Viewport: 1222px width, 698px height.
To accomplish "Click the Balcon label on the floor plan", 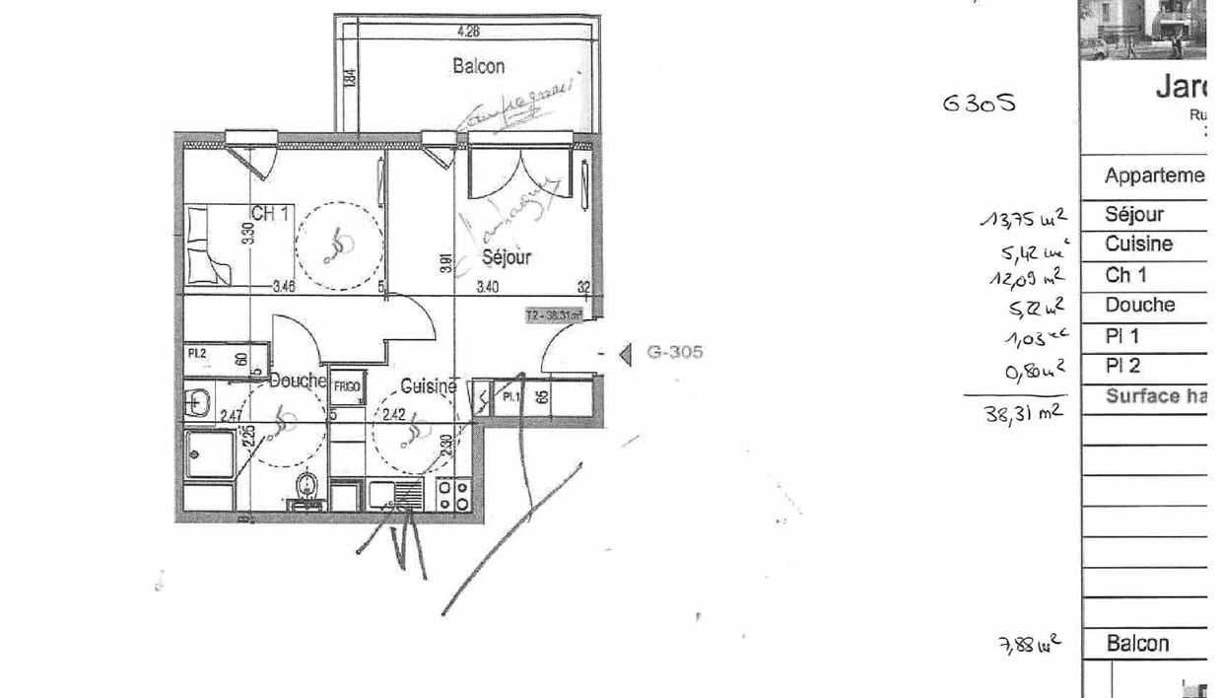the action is (478, 66).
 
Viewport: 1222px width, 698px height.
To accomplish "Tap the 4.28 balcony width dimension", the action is (468, 31).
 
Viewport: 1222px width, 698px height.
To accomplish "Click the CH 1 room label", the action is (269, 213).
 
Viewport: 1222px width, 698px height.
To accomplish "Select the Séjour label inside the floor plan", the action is (507, 256).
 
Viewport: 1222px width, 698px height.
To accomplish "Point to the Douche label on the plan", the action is (298, 381).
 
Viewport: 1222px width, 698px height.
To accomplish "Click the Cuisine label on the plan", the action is (428, 387).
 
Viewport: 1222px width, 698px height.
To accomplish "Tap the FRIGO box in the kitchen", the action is (346, 386).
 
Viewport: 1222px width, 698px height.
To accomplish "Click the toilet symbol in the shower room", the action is (307, 484).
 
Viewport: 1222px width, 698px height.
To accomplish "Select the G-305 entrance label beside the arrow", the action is (674, 352).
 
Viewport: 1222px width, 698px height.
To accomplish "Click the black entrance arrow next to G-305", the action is (624, 353).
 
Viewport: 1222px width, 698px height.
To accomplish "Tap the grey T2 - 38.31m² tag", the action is (554, 315).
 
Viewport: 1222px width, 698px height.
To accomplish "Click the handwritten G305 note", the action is (978, 102).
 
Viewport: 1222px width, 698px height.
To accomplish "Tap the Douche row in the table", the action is (1139, 306).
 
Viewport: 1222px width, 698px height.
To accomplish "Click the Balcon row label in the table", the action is (1137, 644).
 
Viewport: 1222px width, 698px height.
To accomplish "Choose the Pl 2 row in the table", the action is (1122, 367).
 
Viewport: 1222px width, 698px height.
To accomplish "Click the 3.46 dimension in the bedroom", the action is (284, 288).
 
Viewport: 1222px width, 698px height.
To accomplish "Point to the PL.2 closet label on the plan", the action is (197, 351).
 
